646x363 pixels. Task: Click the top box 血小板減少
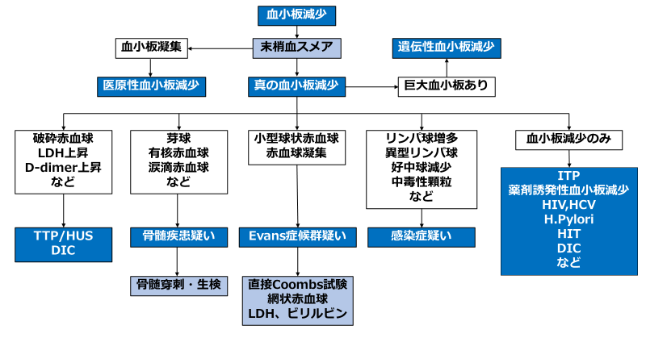coord(296,15)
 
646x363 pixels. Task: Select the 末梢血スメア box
coord(296,46)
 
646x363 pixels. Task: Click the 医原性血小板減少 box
coord(151,84)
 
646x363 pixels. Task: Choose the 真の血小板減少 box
coord(297,85)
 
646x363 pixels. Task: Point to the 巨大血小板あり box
coord(446,85)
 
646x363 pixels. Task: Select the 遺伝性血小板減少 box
coord(446,47)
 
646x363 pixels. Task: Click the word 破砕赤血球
coord(63,138)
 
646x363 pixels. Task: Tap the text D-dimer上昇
coord(63,167)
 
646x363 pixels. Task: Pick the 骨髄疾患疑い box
coord(178,236)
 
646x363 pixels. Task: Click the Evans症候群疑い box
coord(298,236)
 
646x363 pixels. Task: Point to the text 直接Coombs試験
coord(298,284)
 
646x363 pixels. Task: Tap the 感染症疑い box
coord(421,236)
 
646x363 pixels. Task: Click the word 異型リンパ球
coord(421,152)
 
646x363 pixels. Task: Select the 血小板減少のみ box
coord(568,139)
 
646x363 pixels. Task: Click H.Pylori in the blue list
coord(569,219)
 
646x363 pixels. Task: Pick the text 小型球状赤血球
coord(297,138)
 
